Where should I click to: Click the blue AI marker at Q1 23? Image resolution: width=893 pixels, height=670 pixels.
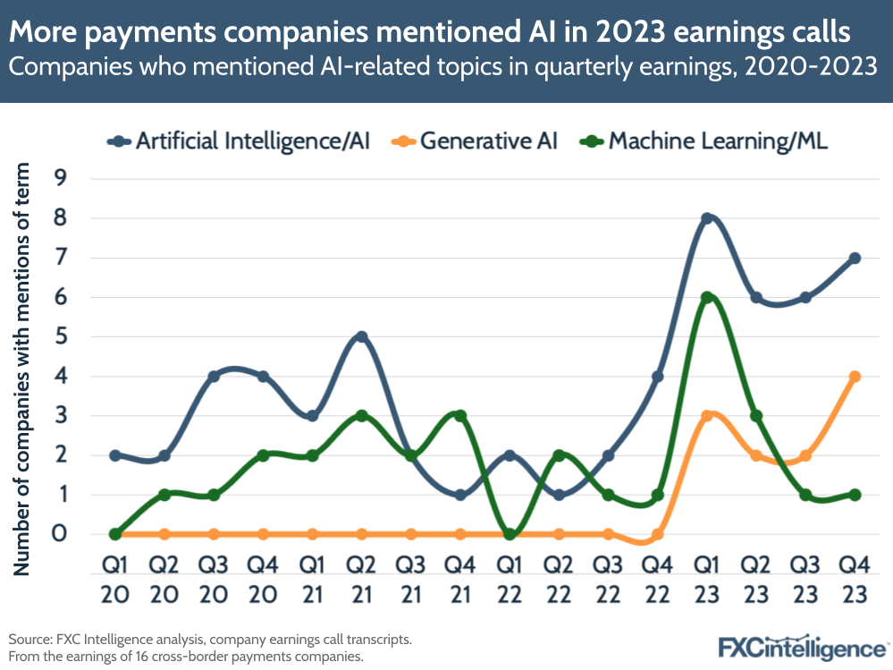707,218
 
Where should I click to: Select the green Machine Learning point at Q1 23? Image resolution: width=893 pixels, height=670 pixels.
707,298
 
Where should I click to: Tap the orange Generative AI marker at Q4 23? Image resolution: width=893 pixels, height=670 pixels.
855,377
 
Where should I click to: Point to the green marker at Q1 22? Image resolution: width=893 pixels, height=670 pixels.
510,534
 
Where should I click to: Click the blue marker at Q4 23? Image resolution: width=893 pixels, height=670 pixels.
855,258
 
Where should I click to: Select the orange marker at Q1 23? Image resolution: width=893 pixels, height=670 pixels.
707,416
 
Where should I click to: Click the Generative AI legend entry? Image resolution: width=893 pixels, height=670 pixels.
479,141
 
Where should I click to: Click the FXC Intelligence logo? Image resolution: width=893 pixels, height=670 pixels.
803,646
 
